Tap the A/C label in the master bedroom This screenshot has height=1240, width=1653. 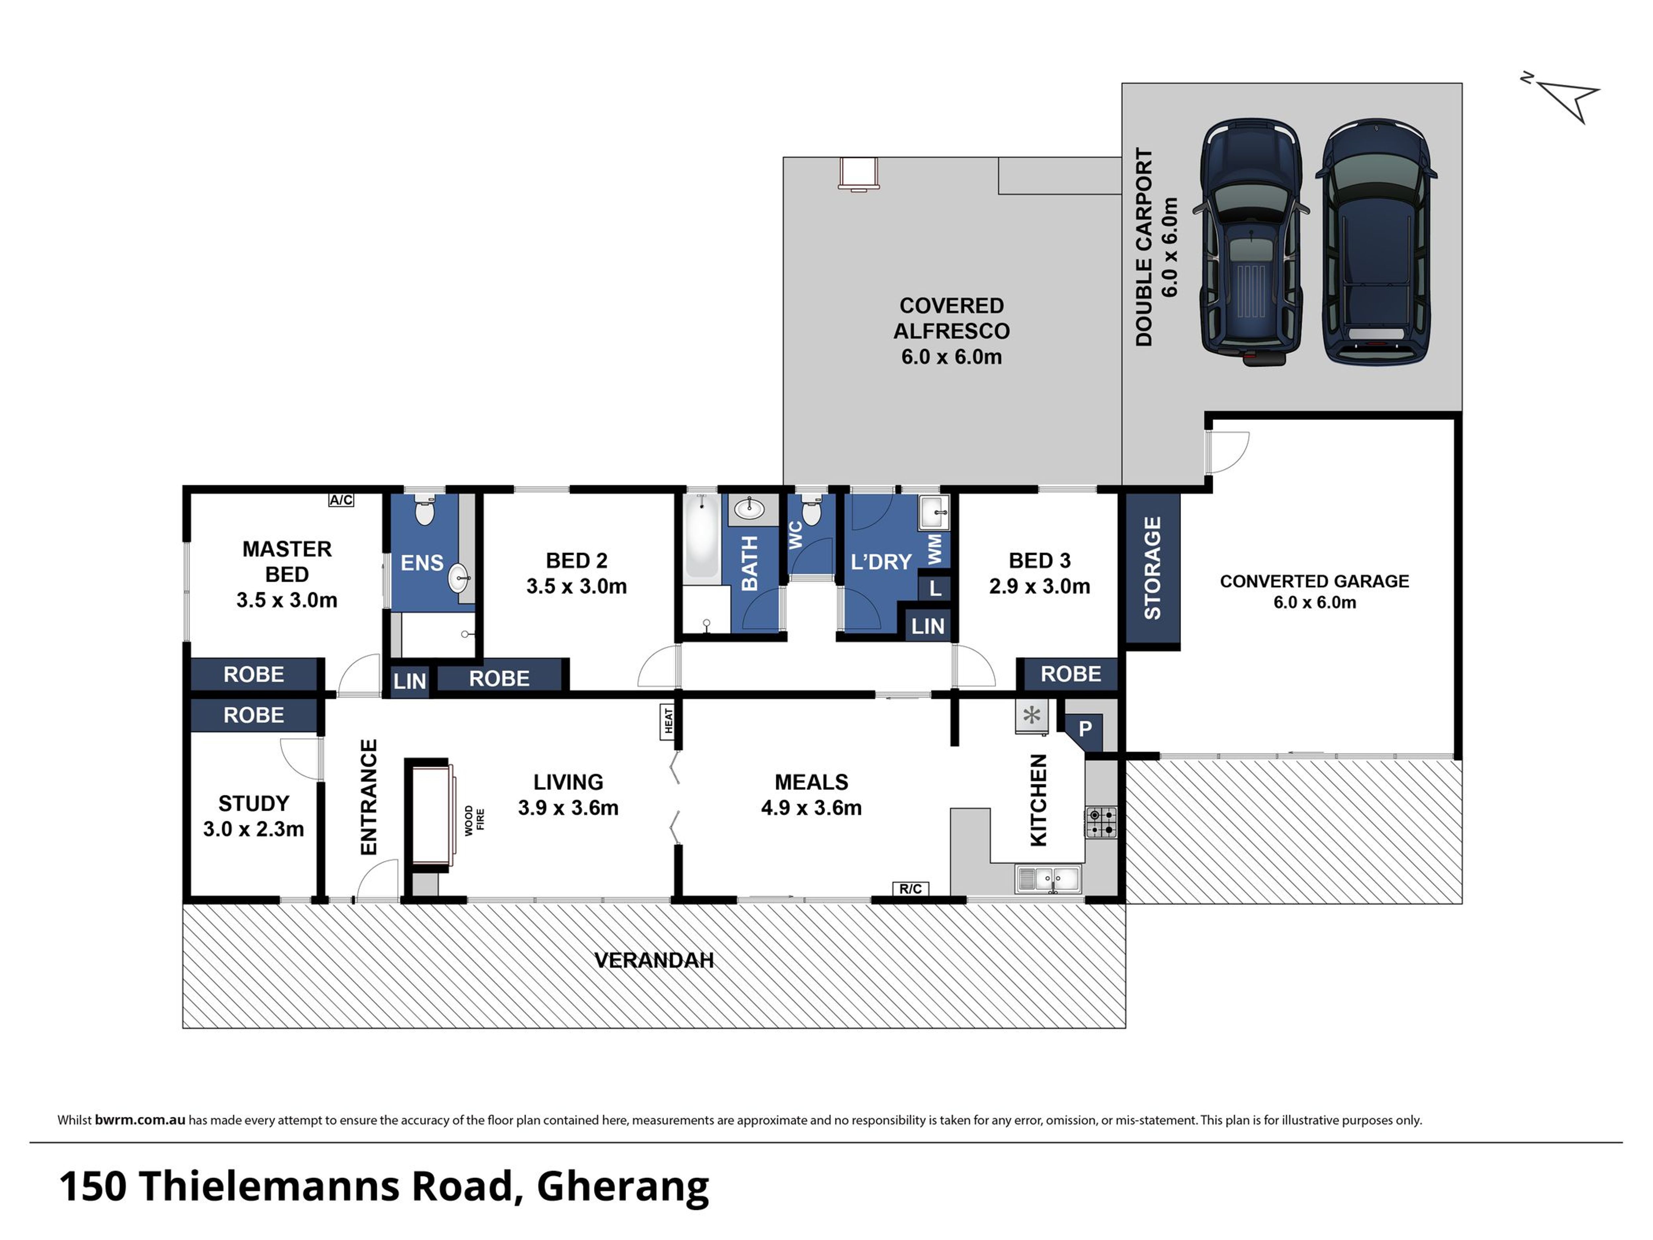(x=341, y=500)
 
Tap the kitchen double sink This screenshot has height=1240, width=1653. (x=1048, y=879)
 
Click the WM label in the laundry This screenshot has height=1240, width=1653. (x=935, y=549)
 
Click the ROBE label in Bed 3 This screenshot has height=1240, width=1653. (x=1071, y=674)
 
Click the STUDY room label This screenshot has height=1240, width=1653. (x=253, y=803)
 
